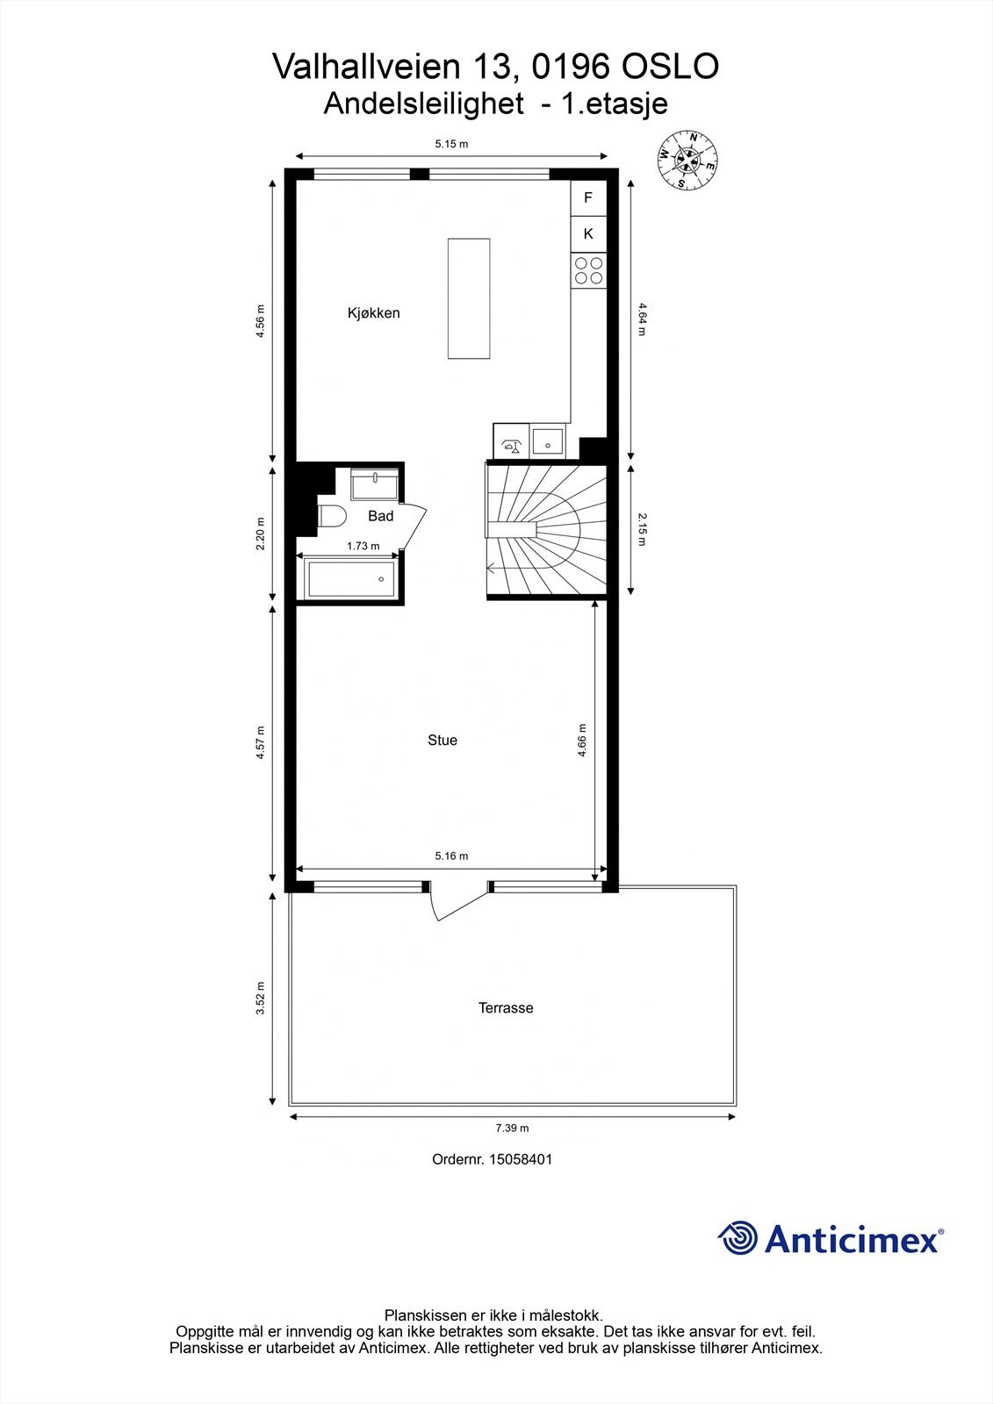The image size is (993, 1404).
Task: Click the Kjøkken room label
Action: [x=373, y=313]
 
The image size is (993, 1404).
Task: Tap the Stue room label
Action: [x=443, y=741]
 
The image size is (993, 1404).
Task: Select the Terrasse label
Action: [x=506, y=1008]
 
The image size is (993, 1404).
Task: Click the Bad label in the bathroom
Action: [x=380, y=516]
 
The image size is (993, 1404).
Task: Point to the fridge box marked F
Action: [x=588, y=198]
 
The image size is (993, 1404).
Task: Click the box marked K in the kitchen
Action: [x=588, y=233]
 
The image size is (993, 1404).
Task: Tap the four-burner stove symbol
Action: [x=588, y=269]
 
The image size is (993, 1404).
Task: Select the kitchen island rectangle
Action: [x=469, y=298]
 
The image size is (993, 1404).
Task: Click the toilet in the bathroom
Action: [x=332, y=516]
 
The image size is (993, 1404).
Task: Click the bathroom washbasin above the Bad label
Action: [x=374, y=484]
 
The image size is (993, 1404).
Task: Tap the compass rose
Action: [x=689, y=160]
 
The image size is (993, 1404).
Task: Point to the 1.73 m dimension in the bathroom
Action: [x=363, y=546]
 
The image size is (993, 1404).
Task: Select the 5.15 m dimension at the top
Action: [x=451, y=144]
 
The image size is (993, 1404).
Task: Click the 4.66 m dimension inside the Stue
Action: [x=582, y=740]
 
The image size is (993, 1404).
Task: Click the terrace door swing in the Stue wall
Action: [x=457, y=904]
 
